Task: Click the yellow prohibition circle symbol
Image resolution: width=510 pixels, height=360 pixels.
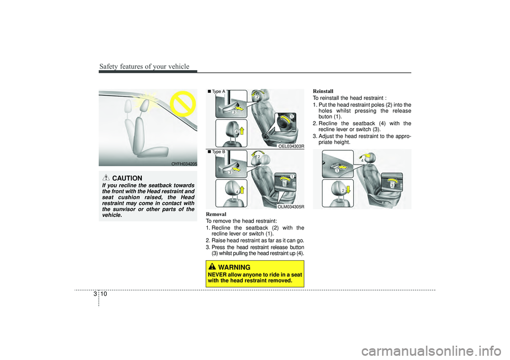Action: (x=183, y=104)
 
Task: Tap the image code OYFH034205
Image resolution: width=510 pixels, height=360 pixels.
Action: (x=184, y=164)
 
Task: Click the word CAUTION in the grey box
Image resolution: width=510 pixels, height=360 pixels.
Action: (x=127, y=178)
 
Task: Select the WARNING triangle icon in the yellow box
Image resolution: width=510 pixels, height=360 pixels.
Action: (x=212, y=267)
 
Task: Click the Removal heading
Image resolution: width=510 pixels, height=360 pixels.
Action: (x=216, y=214)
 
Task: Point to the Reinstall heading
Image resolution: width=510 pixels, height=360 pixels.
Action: (x=323, y=91)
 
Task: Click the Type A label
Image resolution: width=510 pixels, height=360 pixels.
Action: (x=216, y=91)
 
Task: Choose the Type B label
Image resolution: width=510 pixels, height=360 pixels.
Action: (x=216, y=151)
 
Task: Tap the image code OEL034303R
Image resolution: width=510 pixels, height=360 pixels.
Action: (x=291, y=147)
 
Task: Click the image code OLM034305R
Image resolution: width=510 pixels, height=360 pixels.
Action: (x=291, y=207)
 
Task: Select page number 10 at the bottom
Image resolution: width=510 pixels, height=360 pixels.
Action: (x=104, y=294)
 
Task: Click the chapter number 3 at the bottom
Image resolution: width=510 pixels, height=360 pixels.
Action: (x=95, y=294)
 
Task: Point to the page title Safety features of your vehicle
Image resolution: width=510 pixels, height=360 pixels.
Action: (x=144, y=66)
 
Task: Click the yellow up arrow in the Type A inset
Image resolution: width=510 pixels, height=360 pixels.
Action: (x=242, y=131)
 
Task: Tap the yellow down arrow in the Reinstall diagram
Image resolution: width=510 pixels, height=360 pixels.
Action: (x=347, y=189)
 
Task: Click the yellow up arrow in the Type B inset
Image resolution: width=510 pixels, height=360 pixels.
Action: (x=242, y=190)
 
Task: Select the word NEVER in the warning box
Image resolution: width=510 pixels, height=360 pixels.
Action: (x=217, y=275)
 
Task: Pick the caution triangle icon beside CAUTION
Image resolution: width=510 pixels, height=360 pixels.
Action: (x=106, y=177)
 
